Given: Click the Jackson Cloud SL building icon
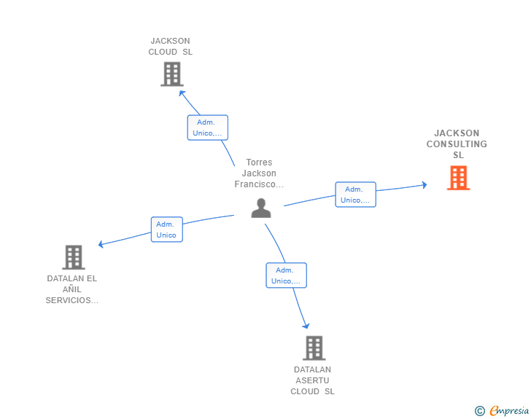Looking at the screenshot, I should point(171,74).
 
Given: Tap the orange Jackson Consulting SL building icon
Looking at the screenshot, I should point(458,178).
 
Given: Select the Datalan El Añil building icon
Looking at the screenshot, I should point(73,257).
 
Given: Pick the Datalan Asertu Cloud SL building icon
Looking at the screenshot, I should point(313,348).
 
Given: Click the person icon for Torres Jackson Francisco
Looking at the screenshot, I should point(260,208).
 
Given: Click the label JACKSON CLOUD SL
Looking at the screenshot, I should point(171,47).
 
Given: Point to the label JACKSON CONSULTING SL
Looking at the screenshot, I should point(457,144).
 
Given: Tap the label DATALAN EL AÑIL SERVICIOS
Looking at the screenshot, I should point(72,289).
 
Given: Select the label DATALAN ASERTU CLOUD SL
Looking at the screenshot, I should point(312,380).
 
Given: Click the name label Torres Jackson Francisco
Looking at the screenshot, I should point(259,173).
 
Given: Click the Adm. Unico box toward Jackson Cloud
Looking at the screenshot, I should point(207,128).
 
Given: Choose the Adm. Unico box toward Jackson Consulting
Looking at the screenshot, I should point(355,195).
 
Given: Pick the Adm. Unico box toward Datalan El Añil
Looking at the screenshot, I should point(166,230).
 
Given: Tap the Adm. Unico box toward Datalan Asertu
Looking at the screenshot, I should point(286,275).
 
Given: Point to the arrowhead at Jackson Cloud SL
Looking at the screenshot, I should point(182,93).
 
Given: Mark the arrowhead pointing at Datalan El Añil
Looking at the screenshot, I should point(101,244).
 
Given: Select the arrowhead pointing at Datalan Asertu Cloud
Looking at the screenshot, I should point(306,326).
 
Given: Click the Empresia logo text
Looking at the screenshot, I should point(509,411).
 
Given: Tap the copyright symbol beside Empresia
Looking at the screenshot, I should point(479,411).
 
